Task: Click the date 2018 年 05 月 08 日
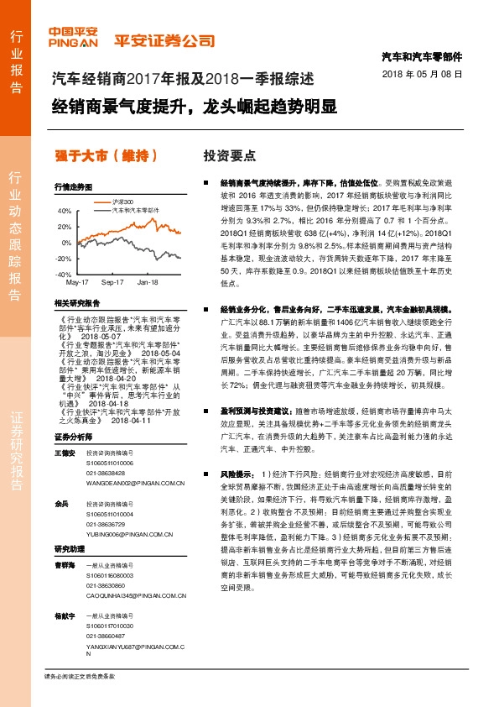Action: tap(427, 75)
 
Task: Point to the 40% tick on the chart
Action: tap(65, 211)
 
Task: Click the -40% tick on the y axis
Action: tap(63, 275)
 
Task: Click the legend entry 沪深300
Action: tap(122, 202)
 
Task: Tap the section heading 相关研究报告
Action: tap(77, 302)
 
